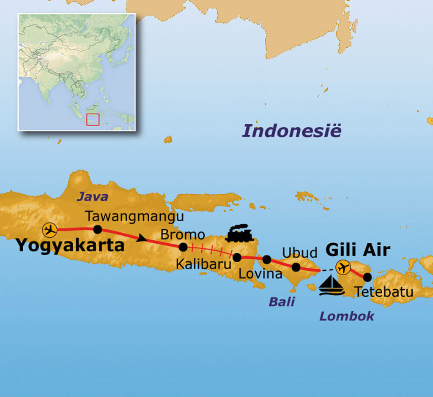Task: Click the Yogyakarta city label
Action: pyautogui.click(x=70, y=245)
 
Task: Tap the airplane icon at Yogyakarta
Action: pyautogui.click(x=50, y=230)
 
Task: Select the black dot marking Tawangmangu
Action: pyautogui.click(x=97, y=229)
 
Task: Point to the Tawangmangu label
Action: pyautogui.click(x=134, y=216)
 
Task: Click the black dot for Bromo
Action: pyautogui.click(x=183, y=247)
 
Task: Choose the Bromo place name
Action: pyautogui.click(x=183, y=235)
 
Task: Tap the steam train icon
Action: pyautogui.click(x=239, y=233)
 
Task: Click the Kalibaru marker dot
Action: pyautogui.click(x=237, y=257)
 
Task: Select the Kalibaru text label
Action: pyautogui.click(x=203, y=264)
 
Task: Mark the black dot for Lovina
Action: pyautogui.click(x=267, y=259)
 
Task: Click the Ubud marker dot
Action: pyautogui.click(x=296, y=267)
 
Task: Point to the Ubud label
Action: pyautogui.click(x=300, y=253)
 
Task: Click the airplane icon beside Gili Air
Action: pyautogui.click(x=343, y=267)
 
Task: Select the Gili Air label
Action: pyautogui.click(x=357, y=250)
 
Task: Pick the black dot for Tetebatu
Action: pyautogui.click(x=367, y=277)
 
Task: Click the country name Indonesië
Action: pyautogui.click(x=291, y=131)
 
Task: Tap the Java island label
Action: pyautogui.click(x=92, y=197)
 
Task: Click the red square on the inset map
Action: pyautogui.click(x=93, y=119)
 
